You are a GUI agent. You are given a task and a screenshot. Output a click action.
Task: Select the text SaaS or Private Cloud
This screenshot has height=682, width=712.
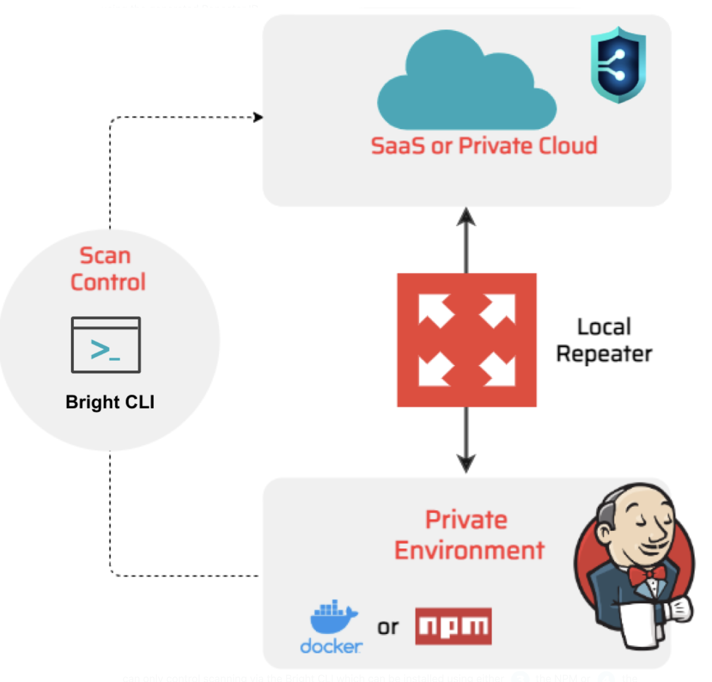[x=484, y=146]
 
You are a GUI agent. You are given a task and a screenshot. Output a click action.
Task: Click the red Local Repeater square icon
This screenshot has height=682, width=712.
[x=467, y=340]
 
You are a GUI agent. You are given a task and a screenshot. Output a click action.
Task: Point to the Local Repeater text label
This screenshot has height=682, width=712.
[x=604, y=340]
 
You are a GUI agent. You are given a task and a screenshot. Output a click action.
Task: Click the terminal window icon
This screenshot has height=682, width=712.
[x=106, y=345]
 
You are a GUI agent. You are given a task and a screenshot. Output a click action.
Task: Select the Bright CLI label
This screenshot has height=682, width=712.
[x=110, y=402]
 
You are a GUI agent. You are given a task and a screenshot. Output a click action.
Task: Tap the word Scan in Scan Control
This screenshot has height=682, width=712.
[x=105, y=256]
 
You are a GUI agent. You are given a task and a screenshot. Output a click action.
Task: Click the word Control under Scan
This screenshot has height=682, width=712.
[x=108, y=282]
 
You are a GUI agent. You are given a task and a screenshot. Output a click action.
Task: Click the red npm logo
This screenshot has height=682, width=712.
[x=453, y=626]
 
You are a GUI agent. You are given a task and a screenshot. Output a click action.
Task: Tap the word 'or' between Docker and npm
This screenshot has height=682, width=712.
[x=388, y=627]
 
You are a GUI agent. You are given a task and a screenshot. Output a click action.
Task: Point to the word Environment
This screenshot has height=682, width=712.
[x=470, y=550]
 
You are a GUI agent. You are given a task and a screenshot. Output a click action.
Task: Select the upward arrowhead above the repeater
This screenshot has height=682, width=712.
[x=466, y=217]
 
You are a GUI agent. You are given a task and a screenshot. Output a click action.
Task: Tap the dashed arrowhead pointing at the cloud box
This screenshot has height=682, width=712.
[x=258, y=117]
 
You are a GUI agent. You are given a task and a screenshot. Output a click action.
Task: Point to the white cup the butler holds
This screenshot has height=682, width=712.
[x=641, y=625]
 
